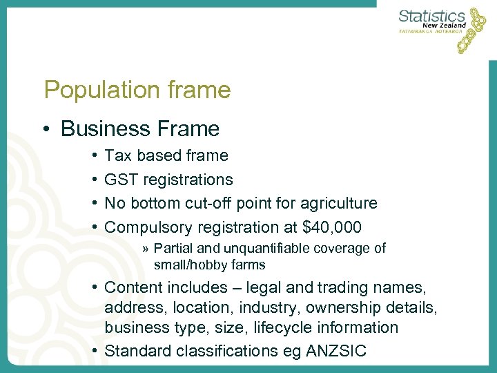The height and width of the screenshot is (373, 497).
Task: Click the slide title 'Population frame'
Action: coord(137,89)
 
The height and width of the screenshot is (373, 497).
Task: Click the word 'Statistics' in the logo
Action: coord(432,16)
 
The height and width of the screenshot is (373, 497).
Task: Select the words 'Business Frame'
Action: coord(140,128)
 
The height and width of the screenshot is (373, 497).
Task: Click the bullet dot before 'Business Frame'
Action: coord(46,129)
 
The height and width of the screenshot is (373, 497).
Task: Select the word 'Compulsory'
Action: coord(148,227)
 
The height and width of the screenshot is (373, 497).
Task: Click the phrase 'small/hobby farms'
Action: coord(209,265)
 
